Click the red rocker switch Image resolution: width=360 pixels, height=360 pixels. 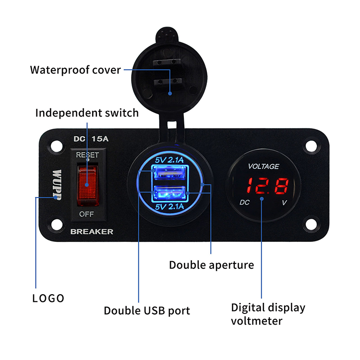(x=87, y=183)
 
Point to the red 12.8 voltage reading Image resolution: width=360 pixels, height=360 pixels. (x=264, y=185)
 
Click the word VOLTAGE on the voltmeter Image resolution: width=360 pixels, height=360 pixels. (x=264, y=167)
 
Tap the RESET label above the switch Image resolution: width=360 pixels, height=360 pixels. (x=87, y=155)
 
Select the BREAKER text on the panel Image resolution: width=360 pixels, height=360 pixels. (x=92, y=231)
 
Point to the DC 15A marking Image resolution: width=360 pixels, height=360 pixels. (x=92, y=139)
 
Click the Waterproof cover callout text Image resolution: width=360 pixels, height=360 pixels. (x=75, y=70)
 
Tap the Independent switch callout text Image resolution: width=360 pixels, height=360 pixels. (x=87, y=113)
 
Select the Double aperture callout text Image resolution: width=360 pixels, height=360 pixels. (x=211, y=265)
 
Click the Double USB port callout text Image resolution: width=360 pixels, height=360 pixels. (x=147, y=311)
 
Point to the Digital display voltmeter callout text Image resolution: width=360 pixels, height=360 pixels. (x=268, y=314)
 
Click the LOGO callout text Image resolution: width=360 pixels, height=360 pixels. (x=48, y=299)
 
